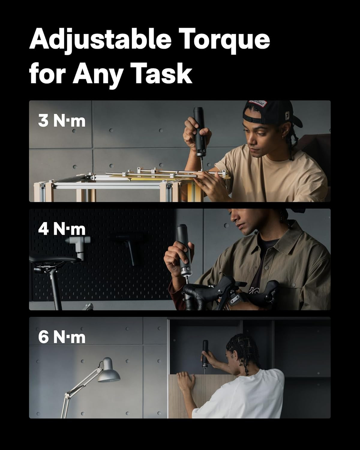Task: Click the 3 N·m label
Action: click(x=62, y=121)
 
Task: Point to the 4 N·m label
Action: click(x=62, y=229)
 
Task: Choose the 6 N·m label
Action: click(x=62, y=337)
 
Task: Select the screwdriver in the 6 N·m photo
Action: click(x=205, y=354)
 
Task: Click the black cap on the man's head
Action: click(x=270, y=111)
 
